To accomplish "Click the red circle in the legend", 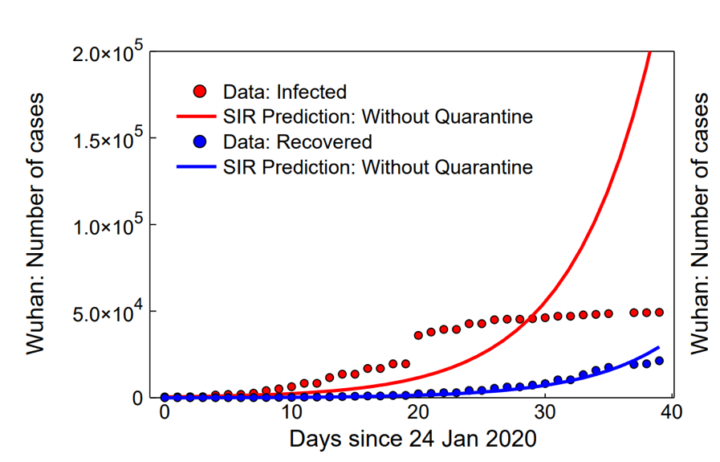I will click(201, 91).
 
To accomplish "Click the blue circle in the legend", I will click(201, 142).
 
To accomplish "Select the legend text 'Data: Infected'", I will click(284, 91).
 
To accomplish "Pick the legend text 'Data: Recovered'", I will click(297, 142).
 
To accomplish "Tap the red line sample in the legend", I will click(196, 117).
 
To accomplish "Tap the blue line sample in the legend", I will click(196, 168).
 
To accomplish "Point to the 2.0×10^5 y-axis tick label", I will click(108, 53).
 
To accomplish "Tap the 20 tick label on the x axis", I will click(418, 412).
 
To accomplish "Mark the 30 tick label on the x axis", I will click(545, 412).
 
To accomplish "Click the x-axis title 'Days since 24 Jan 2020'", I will click(413, 440).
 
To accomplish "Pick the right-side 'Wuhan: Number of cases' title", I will click(700, 223).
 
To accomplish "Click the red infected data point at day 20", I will click(418, 335).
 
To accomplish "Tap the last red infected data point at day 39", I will click(659, 313).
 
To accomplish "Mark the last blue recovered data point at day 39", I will click(659, 361).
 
